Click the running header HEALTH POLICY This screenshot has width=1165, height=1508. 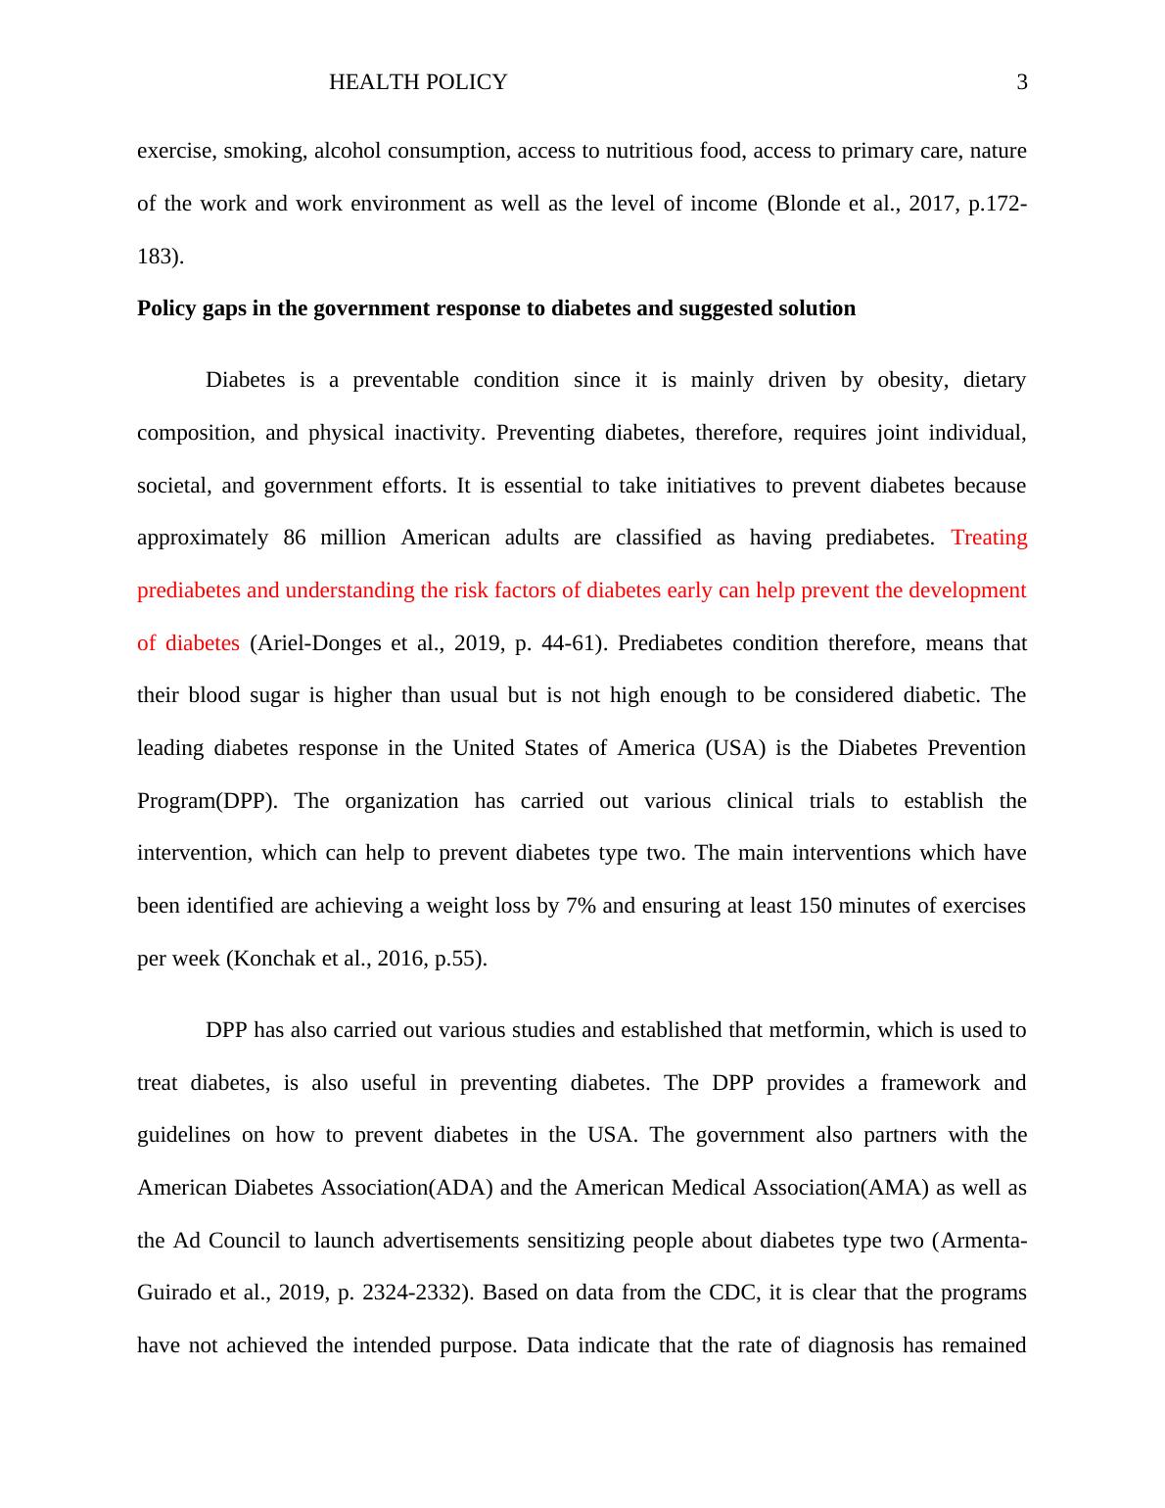tap(418, 83)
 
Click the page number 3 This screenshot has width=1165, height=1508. tap(1022, 83)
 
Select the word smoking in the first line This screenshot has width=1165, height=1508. tap(257, 151)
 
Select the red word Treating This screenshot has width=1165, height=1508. tap(989, 538)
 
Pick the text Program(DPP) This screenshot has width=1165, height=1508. tap(207, 801)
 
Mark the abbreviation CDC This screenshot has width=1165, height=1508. tap(732, 1293)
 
